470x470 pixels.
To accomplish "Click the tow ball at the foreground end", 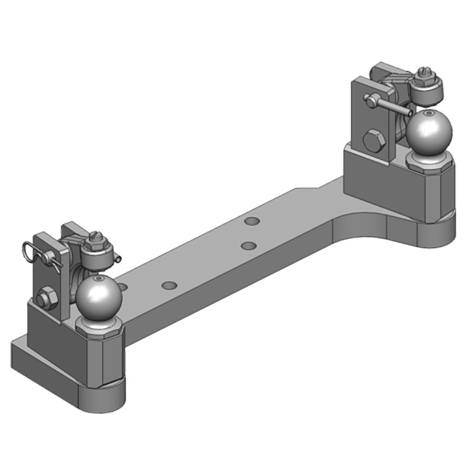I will coord(98,296).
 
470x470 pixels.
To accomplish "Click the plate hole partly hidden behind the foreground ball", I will coord(123,286).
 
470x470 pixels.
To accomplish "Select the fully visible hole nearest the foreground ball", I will coord(169,286).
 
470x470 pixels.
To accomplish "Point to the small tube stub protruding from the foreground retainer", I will coord(119,257).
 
